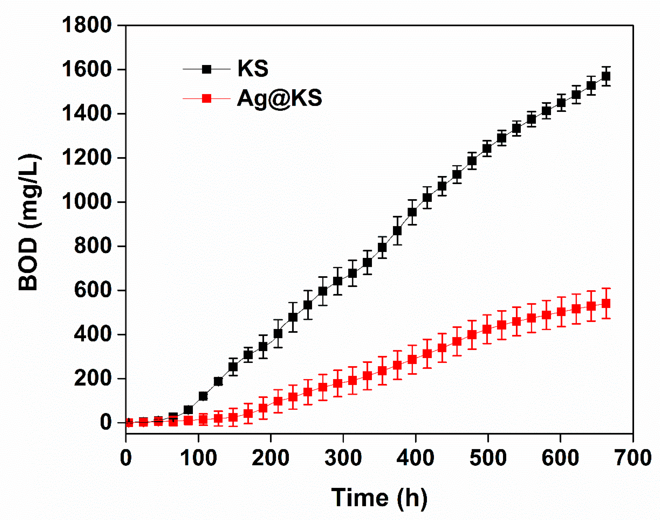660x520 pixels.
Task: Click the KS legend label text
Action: tap(253, 68)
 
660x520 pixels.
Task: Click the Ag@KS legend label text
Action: tap(280, 98)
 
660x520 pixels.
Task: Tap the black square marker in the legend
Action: tap(207, 69)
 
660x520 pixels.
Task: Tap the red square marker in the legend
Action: tap(207, 98)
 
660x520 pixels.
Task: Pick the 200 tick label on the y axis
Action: tap(93, 378)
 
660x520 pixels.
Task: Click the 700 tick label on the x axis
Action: tap(633, 458)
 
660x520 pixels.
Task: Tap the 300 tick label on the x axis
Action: tap(343, 458)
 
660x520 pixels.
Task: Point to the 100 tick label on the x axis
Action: tap(198, 458)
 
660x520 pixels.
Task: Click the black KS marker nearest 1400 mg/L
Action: tap(546, 111)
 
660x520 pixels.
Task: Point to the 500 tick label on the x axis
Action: tap(488, 458)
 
